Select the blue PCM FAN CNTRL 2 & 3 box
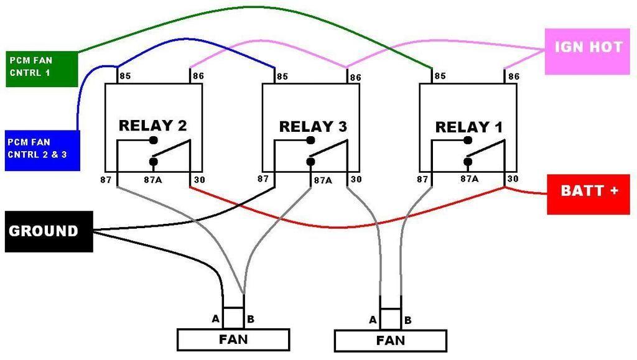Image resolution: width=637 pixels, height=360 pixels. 42,149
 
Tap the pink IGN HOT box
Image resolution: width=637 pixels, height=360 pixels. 588,48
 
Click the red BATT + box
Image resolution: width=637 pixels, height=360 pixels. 589,192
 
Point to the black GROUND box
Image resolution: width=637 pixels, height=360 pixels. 48,231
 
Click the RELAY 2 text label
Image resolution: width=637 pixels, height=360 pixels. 152,126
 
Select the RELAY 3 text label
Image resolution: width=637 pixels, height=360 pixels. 313,127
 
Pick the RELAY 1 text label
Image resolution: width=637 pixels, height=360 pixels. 468,127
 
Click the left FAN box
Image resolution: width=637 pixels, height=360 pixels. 233,339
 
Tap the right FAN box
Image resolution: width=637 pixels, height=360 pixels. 390,340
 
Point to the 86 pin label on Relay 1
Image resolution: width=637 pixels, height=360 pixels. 514,77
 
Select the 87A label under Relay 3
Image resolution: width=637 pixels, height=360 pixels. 323,180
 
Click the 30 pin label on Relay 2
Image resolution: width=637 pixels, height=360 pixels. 198,180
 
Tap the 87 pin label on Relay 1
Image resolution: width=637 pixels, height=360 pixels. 423,180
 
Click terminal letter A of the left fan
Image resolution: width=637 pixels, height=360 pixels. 216,319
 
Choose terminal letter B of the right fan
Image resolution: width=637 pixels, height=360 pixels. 408,321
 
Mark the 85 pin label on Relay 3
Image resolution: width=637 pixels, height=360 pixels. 282,77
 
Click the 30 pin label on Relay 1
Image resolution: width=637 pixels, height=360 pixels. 513,179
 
